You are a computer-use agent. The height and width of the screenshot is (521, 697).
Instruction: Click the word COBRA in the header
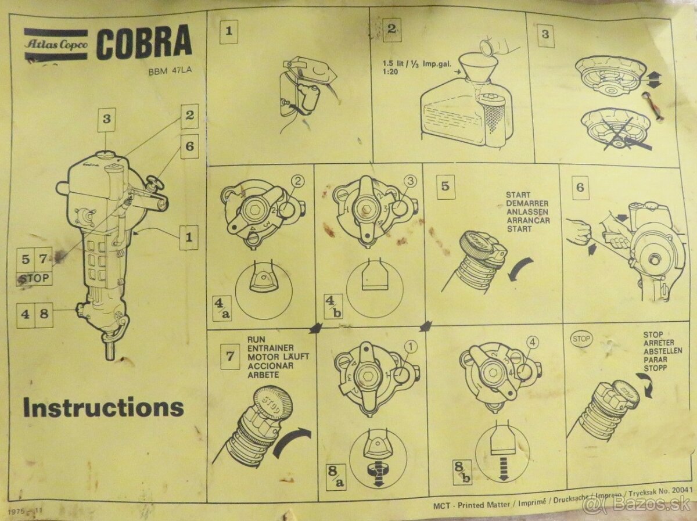coord(143,44)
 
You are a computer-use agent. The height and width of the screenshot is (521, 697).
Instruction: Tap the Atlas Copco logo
coord(56,44)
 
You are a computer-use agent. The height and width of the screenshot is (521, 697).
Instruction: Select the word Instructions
coord(103,407)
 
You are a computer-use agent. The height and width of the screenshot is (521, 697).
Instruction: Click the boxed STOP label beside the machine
coord(34,278)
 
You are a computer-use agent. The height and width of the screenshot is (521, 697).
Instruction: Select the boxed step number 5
coord(445,186)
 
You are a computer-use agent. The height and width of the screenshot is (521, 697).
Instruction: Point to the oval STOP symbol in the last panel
coord(581,338)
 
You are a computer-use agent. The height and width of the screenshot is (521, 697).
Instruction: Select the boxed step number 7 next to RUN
coord(230,355)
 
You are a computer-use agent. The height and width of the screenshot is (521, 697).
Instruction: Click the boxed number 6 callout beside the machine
coord(189,147)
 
